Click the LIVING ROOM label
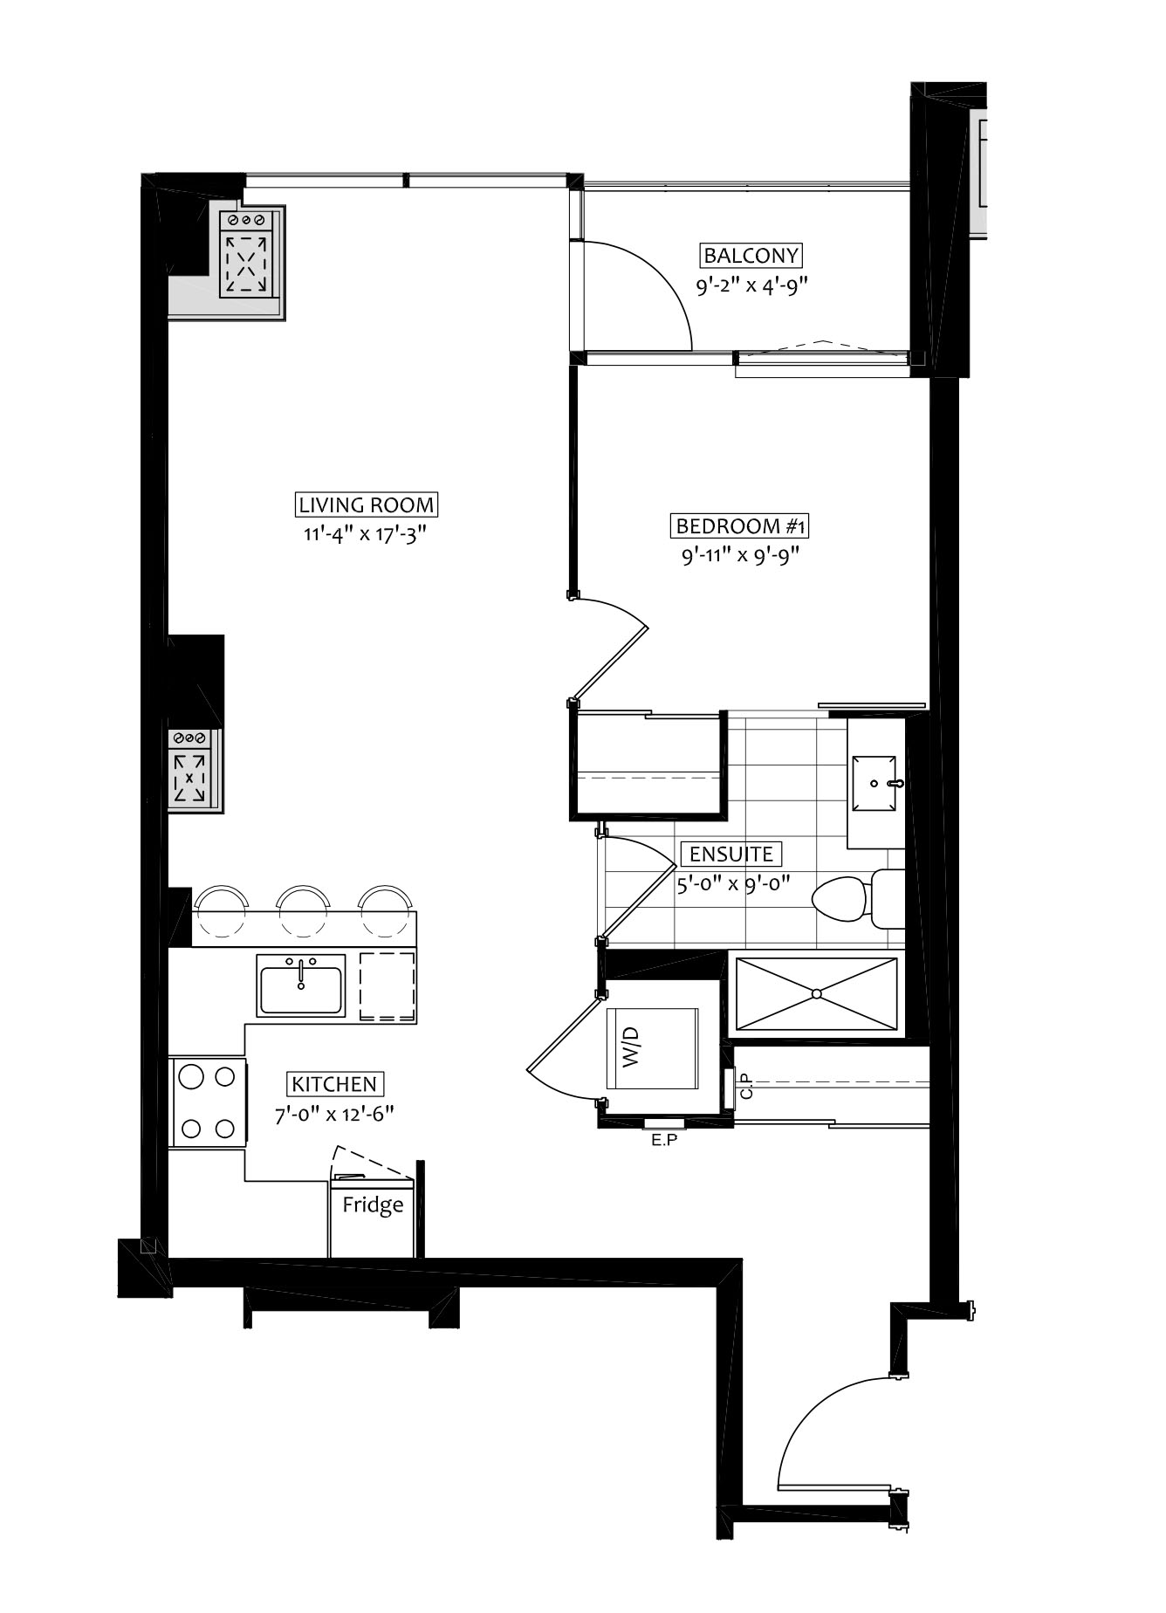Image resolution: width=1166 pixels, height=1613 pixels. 367,504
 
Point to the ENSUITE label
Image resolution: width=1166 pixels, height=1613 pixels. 731,854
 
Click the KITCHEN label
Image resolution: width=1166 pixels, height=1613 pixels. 335,1084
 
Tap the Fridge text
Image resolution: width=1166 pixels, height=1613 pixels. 373,1205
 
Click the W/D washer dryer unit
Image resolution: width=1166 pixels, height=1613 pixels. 653,1047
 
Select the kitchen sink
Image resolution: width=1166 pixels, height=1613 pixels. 301,985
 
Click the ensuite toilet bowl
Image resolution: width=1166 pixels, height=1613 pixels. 840,898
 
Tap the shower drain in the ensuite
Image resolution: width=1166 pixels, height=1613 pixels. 817,993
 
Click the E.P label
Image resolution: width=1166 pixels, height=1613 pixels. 664,1140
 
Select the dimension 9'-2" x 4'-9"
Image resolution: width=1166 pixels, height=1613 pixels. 748,285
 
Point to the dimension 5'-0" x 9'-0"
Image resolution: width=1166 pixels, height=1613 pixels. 733,882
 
